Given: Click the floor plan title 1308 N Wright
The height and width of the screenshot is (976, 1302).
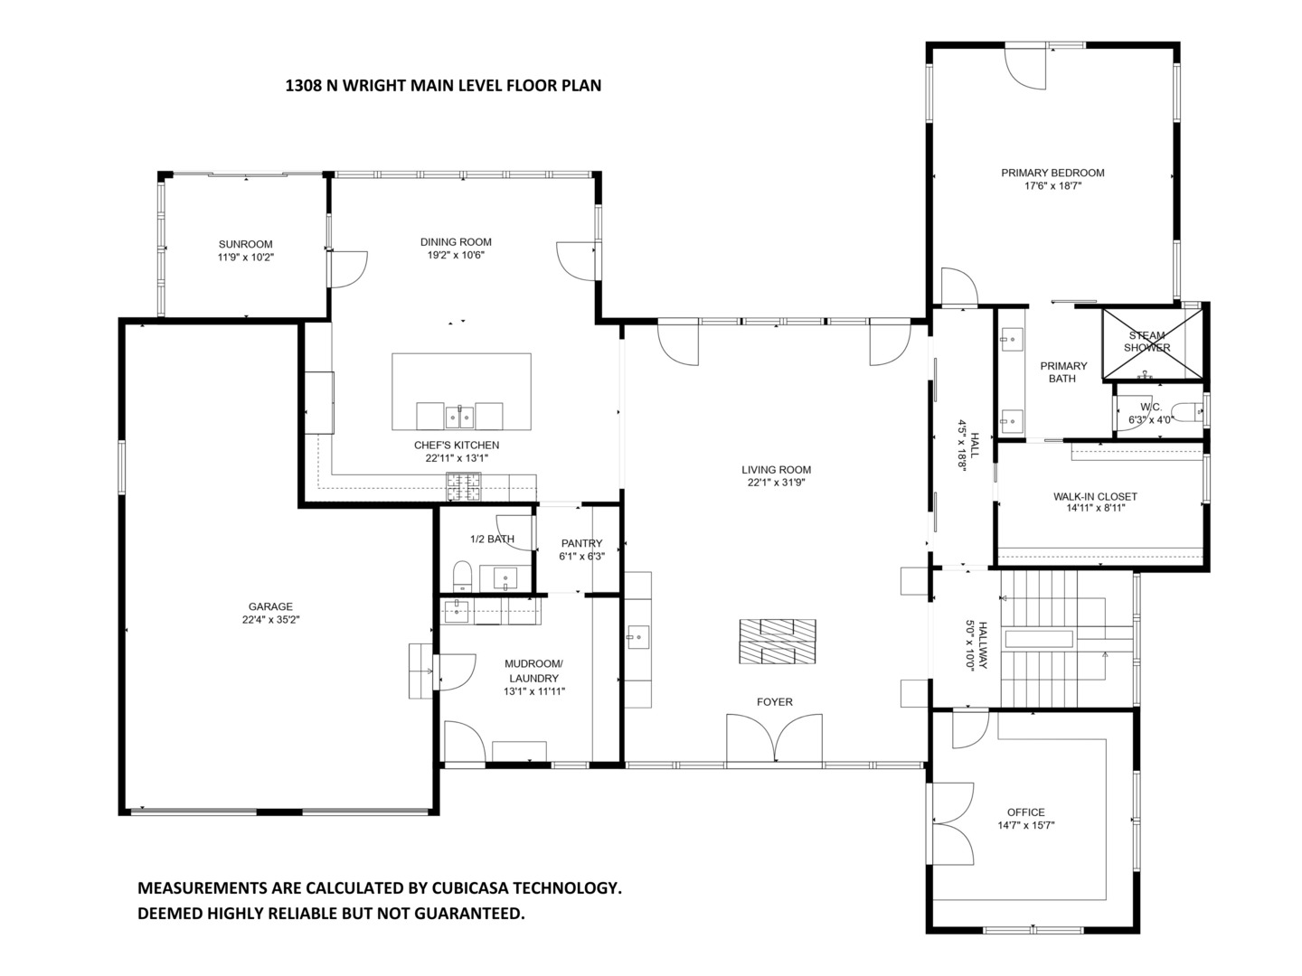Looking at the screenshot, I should pos(443,86).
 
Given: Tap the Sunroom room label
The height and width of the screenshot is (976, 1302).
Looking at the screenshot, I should pos(245,244).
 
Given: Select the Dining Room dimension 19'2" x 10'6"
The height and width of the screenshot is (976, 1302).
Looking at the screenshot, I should pos(456,256).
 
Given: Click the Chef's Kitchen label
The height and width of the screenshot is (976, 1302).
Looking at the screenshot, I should pos(457,445).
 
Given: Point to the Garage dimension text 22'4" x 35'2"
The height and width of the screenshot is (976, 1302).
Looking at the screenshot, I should pos(270,620).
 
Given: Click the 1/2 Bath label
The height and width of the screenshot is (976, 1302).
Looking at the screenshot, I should pos(492,540).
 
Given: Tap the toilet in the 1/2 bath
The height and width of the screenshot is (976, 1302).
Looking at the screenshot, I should pos(462,575).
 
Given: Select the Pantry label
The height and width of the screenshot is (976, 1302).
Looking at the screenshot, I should pos(581,543).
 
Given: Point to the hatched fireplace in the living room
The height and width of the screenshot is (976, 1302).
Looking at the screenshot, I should pos(778,642).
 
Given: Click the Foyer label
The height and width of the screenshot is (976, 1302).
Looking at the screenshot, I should pos(775,702).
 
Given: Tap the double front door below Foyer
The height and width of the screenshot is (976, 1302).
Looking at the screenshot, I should pos(775,738).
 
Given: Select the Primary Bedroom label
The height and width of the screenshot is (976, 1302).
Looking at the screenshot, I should pos(1052,173).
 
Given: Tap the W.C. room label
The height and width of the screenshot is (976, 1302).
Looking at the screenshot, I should pos(1138,407).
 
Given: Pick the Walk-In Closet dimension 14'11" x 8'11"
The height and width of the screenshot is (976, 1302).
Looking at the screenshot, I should pos(1095,508).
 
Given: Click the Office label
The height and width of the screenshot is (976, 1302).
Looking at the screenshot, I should pos(1026,812).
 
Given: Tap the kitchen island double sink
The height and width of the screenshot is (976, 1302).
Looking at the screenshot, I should pos(460,416).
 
